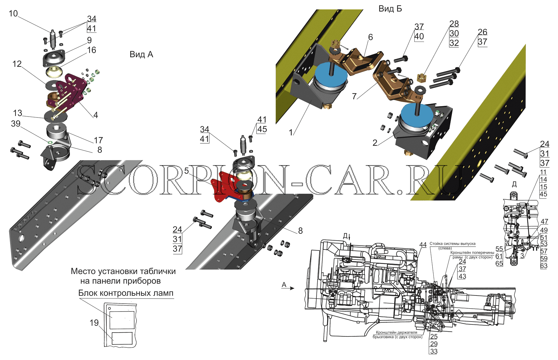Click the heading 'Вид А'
(141, 54)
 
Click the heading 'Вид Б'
(390, 9)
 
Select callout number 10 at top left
(13, 14)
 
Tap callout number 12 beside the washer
(17, 64)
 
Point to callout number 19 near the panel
(94, 323)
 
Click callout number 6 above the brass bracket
(371, 37)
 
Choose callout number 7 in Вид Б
(354, 96)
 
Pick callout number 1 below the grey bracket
(291, 133)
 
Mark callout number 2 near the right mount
(375, 143)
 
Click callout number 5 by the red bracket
(187, 171)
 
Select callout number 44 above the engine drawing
(423, 245)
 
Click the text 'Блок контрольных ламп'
(126, 293)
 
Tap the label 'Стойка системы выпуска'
(452, 243)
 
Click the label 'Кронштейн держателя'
(396, 332)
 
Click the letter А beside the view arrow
(284, 285)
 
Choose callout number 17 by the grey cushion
(98, 140)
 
